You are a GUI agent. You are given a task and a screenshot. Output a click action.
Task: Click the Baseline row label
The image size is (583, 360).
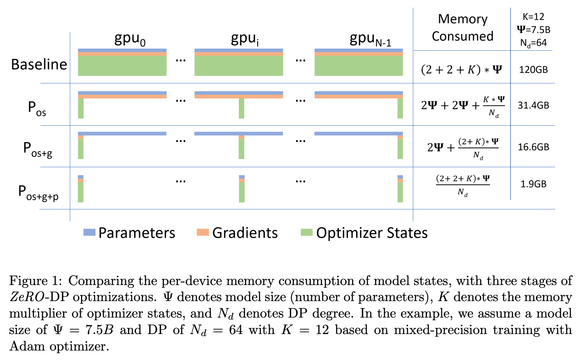(39, 64)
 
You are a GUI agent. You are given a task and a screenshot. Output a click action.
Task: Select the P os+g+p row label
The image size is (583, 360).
(38, 193)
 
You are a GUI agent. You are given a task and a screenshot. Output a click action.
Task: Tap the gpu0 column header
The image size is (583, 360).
(130, 40)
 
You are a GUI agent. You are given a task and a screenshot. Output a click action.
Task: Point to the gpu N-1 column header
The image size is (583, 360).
(371, 40)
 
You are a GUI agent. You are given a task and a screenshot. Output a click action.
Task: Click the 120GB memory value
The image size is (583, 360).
(533, 70)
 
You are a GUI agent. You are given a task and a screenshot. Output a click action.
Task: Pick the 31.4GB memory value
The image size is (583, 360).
(533, 105)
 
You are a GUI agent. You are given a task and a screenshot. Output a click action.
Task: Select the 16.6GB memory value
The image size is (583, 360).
(533, 147)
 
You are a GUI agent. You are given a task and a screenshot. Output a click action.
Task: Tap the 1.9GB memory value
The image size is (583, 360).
(533, 184)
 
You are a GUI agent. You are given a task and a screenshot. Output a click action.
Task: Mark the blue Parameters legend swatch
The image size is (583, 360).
(89, 232)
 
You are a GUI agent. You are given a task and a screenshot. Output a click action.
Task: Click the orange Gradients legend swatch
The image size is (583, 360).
(203, 232)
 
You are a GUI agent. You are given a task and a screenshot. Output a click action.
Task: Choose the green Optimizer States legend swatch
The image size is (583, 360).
(307, 232)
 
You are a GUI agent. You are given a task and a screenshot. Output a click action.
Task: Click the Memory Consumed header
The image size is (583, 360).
(462, 28)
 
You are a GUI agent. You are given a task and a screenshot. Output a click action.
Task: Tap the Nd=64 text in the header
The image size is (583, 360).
(533, 43)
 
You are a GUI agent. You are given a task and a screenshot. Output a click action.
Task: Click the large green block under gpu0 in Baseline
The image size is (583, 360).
(122, 66)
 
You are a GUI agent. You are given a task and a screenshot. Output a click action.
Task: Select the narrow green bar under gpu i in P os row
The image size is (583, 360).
(242, 108)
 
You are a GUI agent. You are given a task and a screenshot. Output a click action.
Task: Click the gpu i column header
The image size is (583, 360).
(245, 40)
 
